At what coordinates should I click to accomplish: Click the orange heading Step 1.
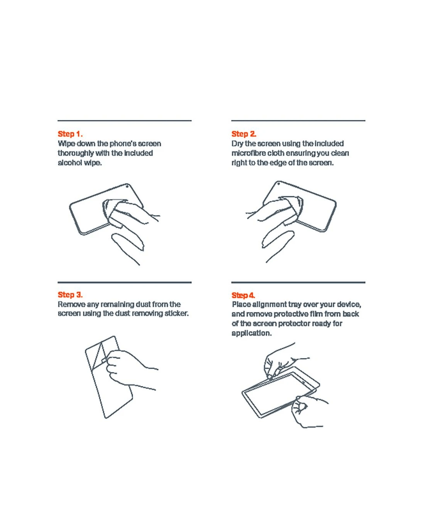click(70, 134)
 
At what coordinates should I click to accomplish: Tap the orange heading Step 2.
click(243, 134)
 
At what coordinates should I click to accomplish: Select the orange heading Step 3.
click(70, 295)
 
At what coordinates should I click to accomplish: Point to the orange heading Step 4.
click(243, 295)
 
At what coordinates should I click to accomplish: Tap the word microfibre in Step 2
click(248, 153)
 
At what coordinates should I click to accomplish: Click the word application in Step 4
click(252, 333)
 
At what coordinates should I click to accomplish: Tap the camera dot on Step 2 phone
click(278, 183)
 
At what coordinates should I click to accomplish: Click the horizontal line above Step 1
click(125, 121)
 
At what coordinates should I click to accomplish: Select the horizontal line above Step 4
click(298, 282)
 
